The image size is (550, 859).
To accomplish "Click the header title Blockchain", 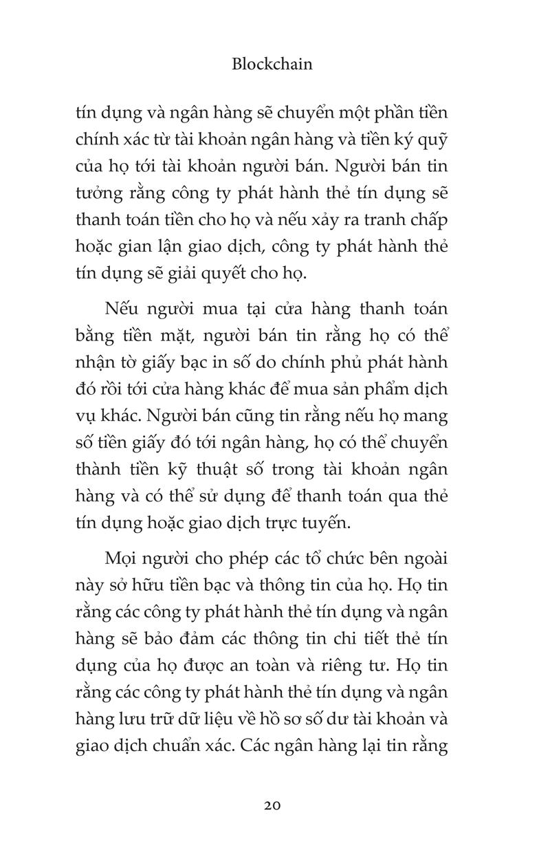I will click(x=272, y=64).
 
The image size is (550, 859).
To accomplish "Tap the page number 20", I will click(x=272, y=805).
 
